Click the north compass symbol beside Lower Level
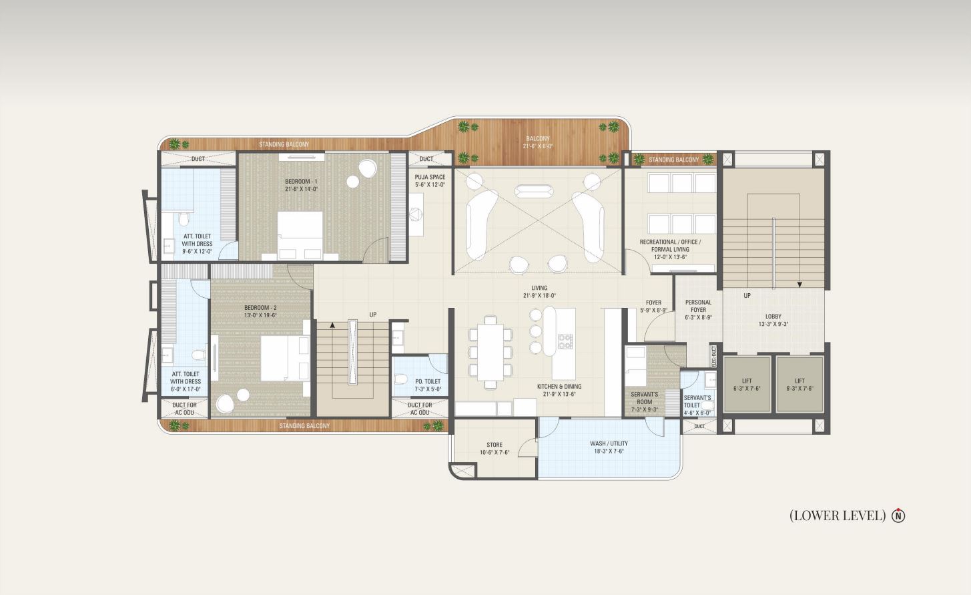pyautogui.click(x=898, y=516)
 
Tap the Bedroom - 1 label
pyautogui.click(x=301, y=185)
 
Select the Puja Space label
pyautogui.click(x=430, y=181)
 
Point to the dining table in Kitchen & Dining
pyautogui.click(x=491, y=352)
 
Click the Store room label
pyautogui.click(x=495, y=448)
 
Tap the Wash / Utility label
pyautogui.click(x=609, y=447)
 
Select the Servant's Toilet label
pyautogui.click(x=697, y=405)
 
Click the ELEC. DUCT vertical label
pyautogui.click(x=713, y=356)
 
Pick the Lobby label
pyautogui.click(x=773, y=320)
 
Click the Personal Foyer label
pyautogui.click(x=698, y=310)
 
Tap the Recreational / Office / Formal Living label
pyautogui.click(x=670, y=249)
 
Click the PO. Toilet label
pyautogui.click(x=428, y=385)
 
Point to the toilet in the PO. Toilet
pyautogui.click(x=400, y=379)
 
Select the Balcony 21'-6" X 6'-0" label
pyautogui.click(x=538, y=142)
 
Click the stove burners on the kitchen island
pyautogui.click(x=565, y=341)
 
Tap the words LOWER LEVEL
pyautogui.click(x=838, y=516)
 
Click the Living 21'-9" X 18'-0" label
pyautogui.click(x=539, y=291)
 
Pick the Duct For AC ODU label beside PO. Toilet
pyautogui.click(x=420, y=409)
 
